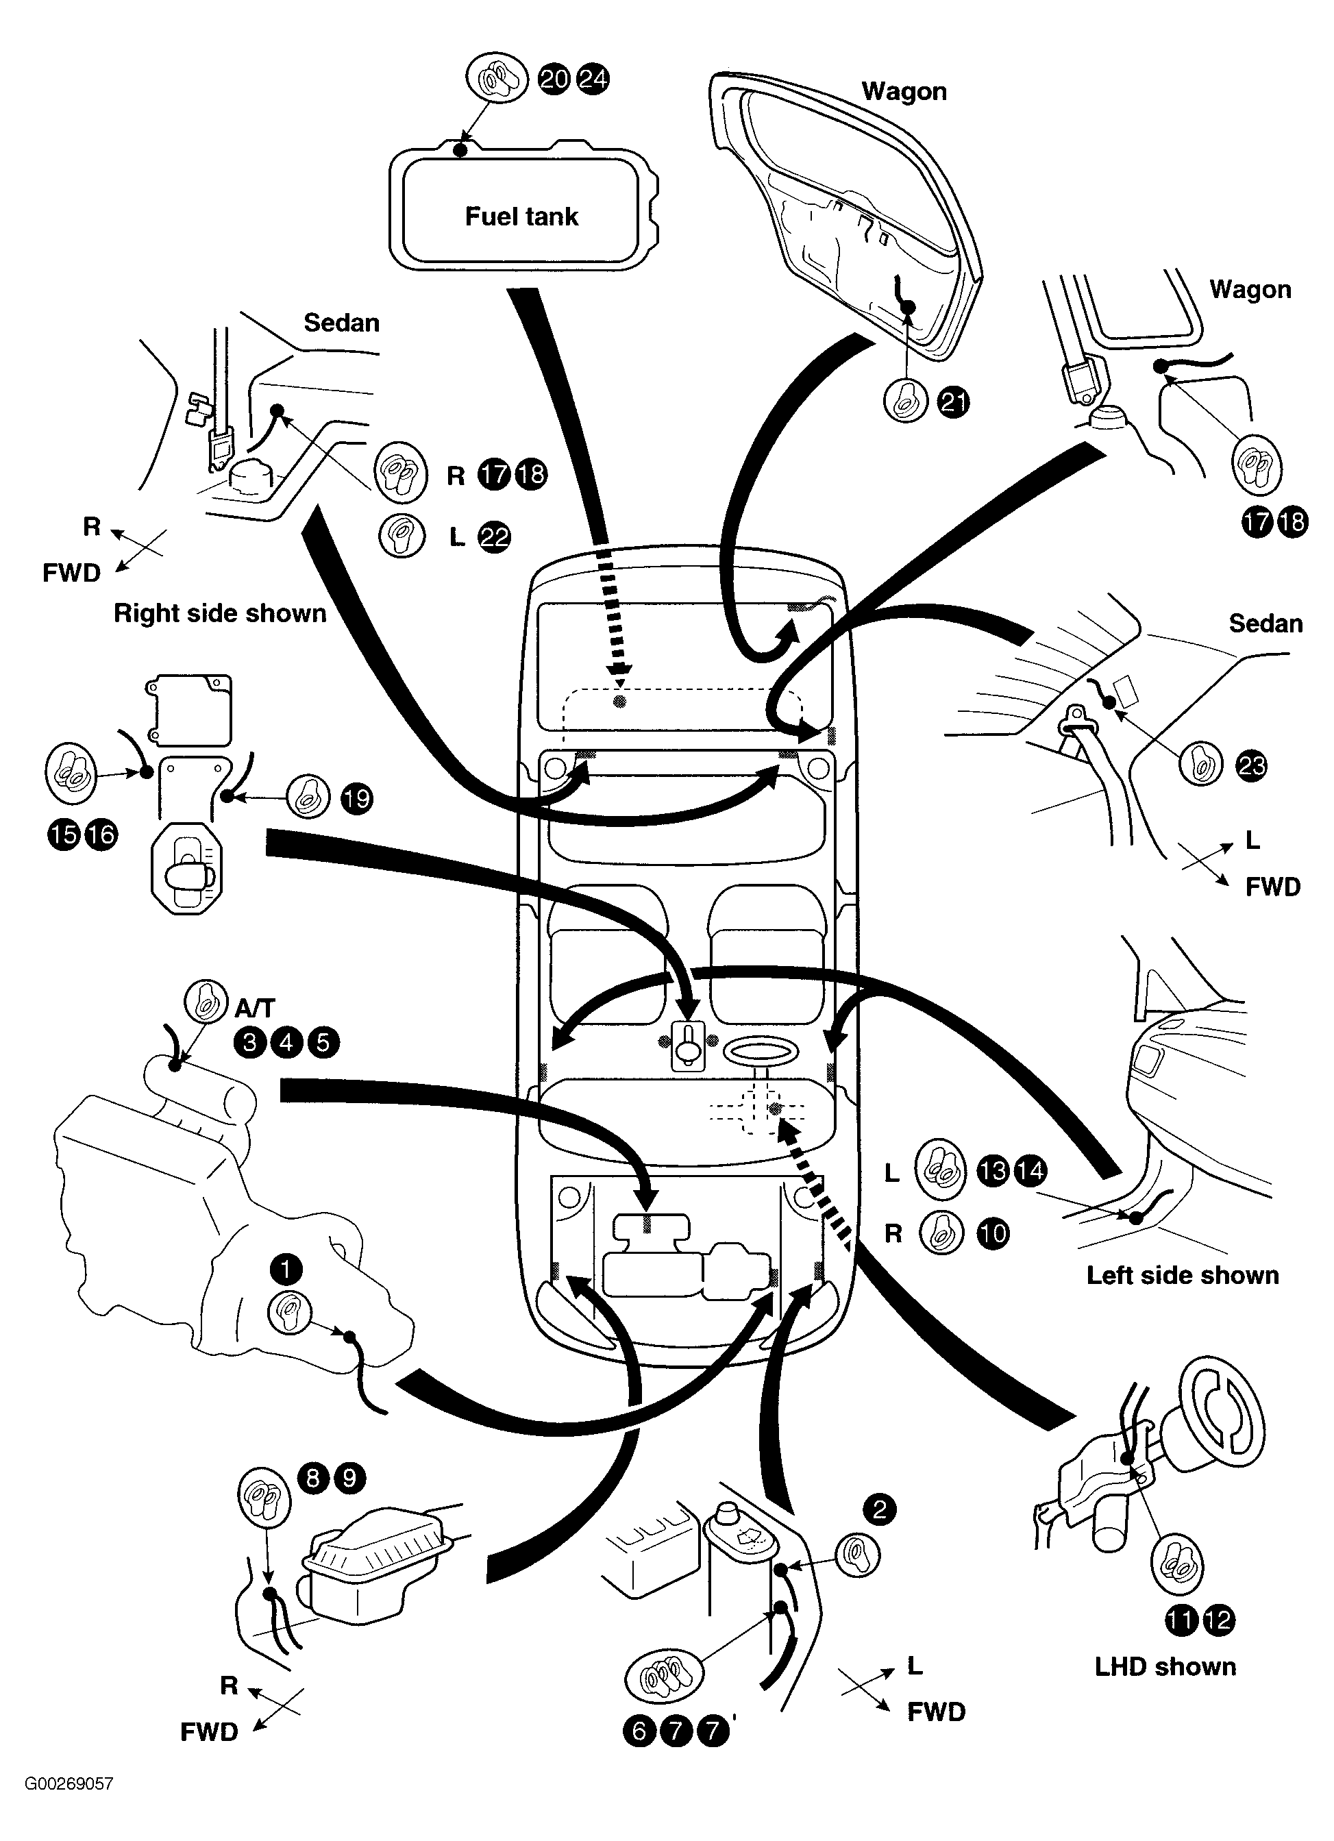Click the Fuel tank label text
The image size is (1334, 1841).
(x=521, y=216)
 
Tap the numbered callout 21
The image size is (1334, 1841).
(x=953, y=403)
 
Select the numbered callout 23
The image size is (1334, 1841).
(x=1251, y=765)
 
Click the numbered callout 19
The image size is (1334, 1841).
(x=356, y=799)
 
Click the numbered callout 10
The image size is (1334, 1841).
(x=993, y=1234)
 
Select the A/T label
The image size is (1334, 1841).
(x=255, y=1008)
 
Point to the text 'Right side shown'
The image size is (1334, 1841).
(x=220, y=613)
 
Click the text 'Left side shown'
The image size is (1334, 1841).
(x=1183, y=1275)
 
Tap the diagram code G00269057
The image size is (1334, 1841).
(x=69, y=1783)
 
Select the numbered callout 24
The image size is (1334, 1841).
(x=593, y=79)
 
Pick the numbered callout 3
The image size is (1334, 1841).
(x=250, y=1042)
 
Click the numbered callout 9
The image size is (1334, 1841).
(x=350, y=1477)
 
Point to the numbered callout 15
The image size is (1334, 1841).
(x=64, y=835)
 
